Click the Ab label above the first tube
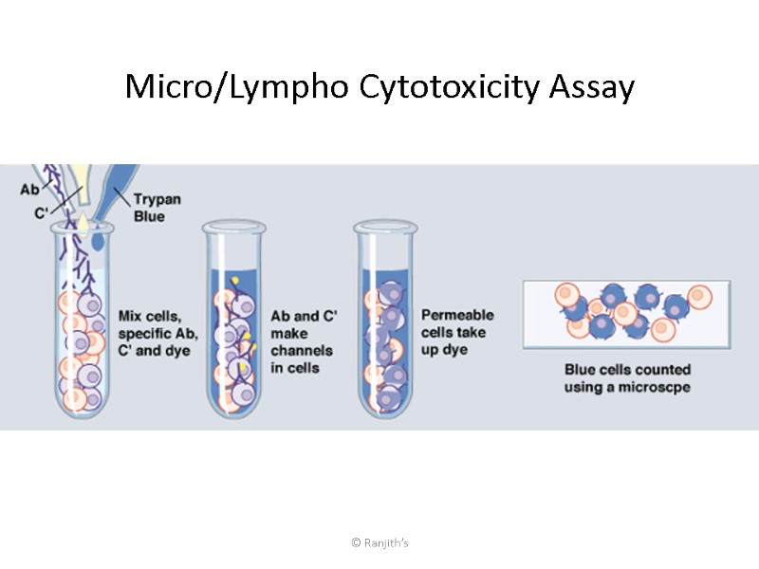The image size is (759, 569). point(29,190)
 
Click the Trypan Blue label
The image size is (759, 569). point(149,208)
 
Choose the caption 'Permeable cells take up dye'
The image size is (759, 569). point(457,332)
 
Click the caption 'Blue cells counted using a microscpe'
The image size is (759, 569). point(627,378)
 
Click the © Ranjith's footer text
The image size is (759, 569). point(379,542)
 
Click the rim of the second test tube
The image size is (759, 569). point(234,228)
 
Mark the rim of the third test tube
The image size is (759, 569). point(385,228)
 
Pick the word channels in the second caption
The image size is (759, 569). point(302,351)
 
